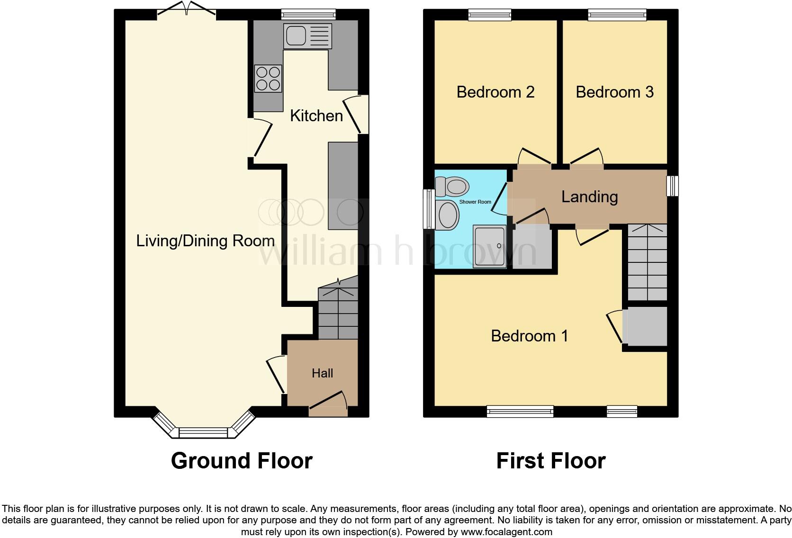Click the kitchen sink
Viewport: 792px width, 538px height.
(307, 36)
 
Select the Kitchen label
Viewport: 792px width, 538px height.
(316, 116)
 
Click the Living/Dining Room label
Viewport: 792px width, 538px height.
(205, 241)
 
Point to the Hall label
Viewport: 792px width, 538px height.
(322, 373)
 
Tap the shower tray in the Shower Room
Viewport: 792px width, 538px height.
(489, 246)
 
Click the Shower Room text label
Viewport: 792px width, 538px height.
(475, 202)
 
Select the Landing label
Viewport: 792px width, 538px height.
(589, 197)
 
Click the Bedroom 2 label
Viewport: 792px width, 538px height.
(495, 91)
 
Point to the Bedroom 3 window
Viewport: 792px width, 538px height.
(617, 15)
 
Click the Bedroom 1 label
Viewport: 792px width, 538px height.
(529, 336)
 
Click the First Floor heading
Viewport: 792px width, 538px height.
(550, 460)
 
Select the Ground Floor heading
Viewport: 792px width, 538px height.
(241, 460)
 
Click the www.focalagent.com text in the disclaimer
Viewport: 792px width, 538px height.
(506, 532)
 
